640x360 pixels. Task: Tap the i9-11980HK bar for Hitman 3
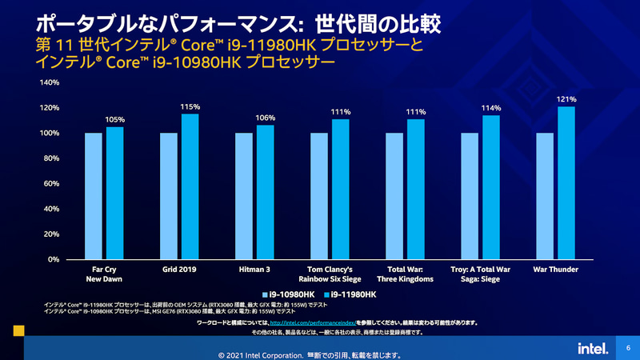266,192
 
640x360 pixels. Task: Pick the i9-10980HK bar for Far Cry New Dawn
94,196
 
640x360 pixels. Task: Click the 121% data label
566,99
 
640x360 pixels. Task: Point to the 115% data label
190,106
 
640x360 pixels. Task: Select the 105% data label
115,119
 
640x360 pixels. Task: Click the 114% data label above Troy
491,108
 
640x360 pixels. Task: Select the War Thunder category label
555,270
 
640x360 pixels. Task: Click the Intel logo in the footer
589,348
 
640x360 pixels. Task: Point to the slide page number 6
628,348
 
